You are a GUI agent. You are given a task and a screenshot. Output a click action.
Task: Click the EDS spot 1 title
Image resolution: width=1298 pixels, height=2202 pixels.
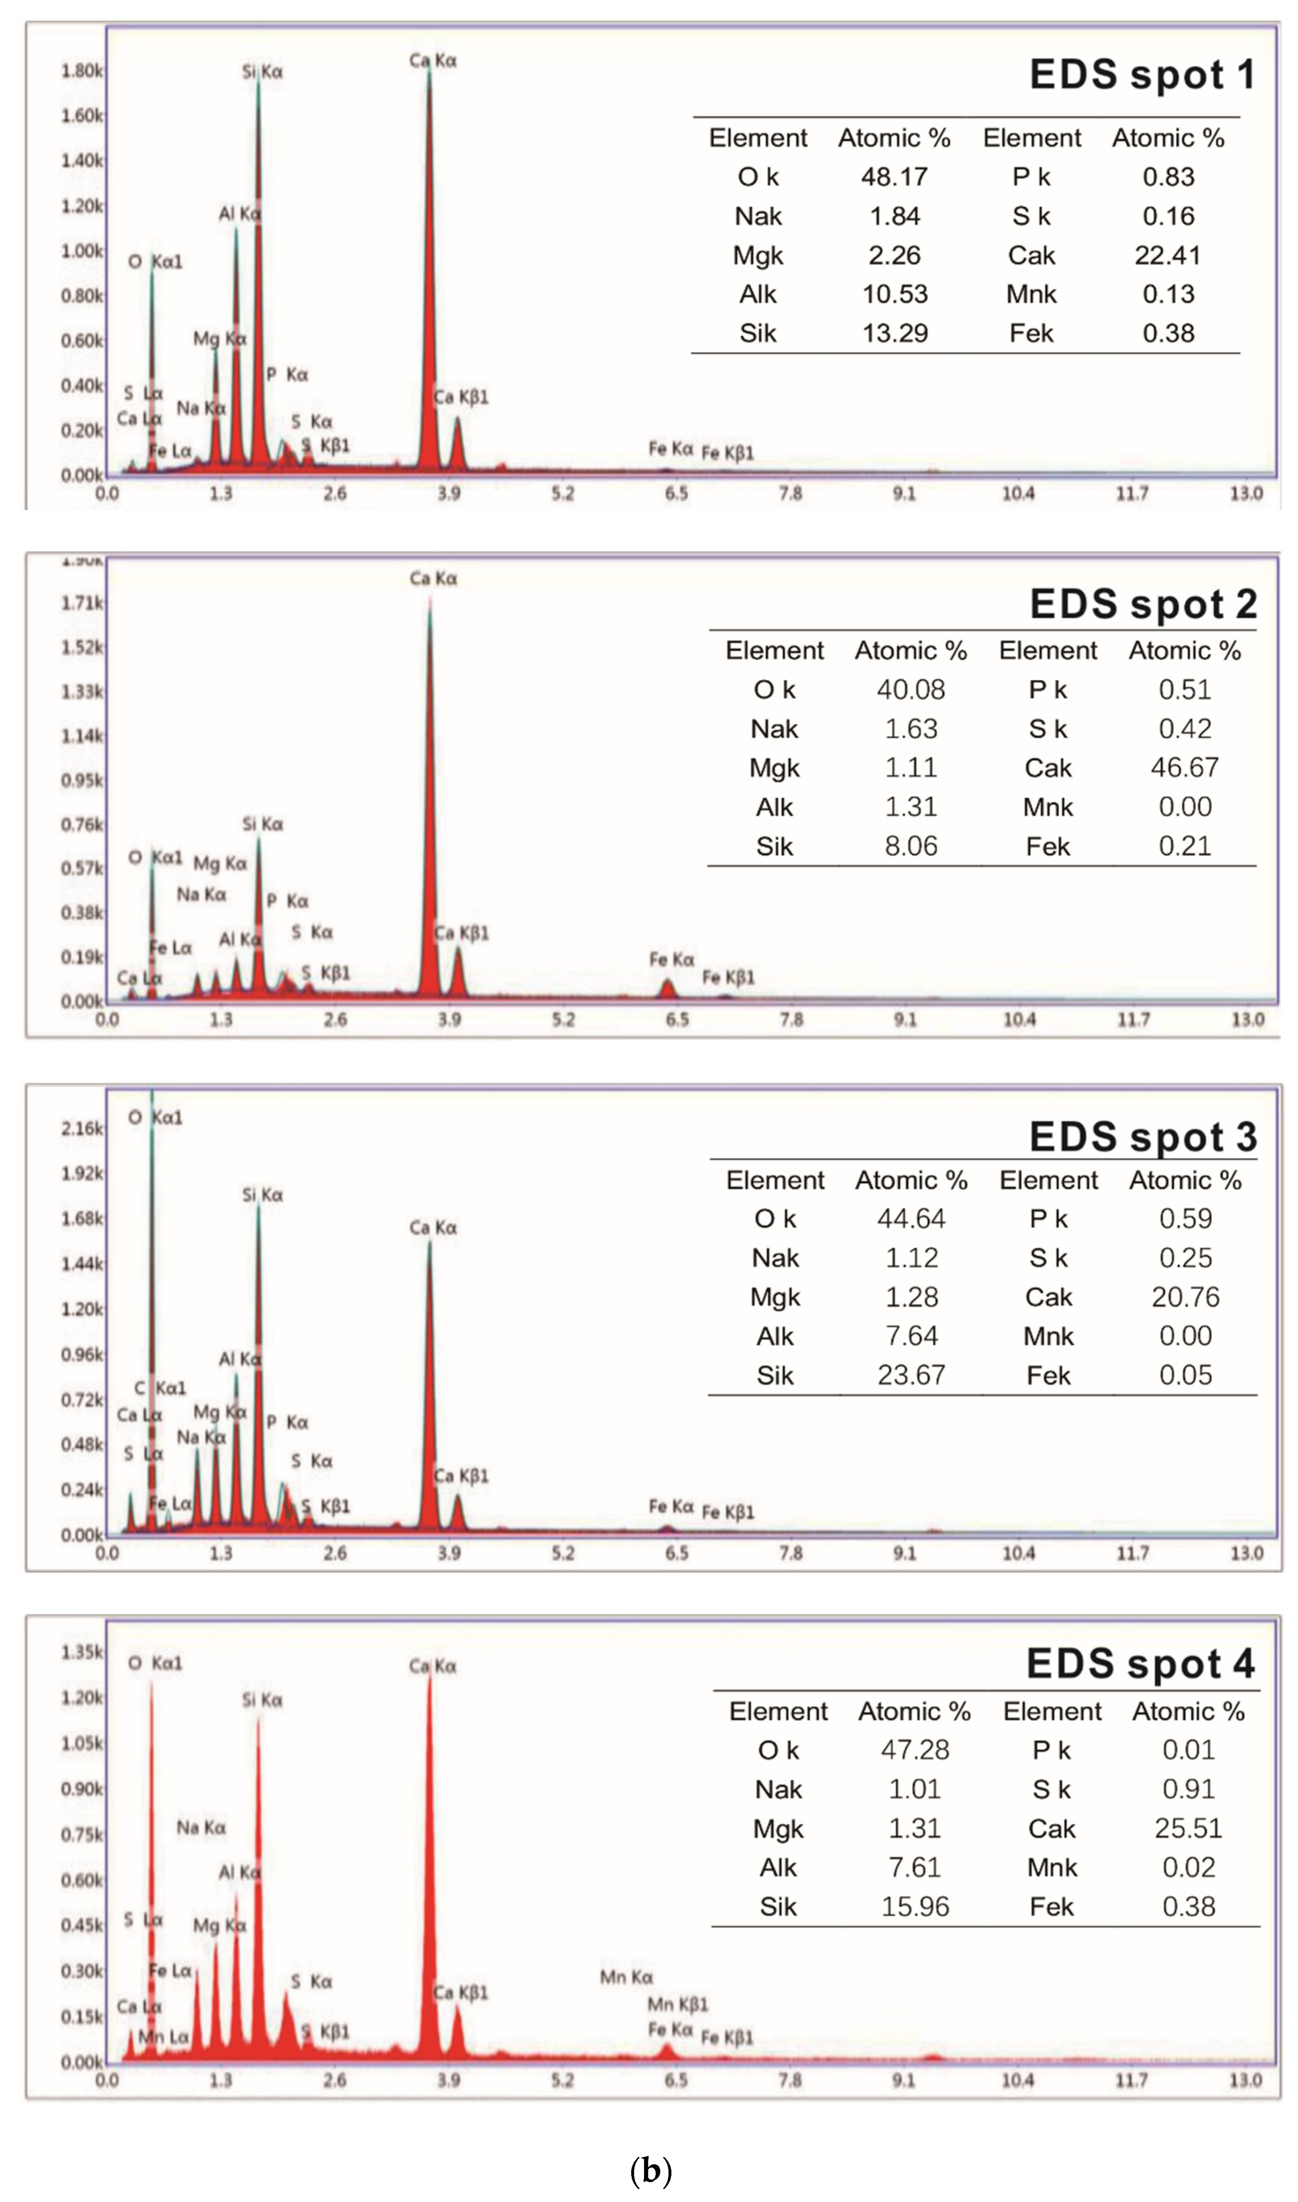[x=1141, y=74]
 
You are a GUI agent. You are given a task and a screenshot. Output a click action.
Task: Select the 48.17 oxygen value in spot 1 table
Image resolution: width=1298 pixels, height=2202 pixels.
[x=894, y=176]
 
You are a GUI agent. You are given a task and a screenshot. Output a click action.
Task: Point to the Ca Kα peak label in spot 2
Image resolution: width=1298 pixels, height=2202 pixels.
[x=433, y=578]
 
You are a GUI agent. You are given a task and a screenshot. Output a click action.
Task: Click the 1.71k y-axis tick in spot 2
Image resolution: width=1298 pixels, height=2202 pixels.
[x=82, y=603]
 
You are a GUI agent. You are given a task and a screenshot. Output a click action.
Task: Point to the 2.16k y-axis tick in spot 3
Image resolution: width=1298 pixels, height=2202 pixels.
[x=82, y=1128]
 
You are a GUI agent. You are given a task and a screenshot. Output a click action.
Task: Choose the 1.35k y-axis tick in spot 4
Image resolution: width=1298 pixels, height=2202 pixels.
[x=82, y=1652]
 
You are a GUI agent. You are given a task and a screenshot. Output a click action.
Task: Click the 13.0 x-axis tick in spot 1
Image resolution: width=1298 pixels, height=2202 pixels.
[x=1245, y=493]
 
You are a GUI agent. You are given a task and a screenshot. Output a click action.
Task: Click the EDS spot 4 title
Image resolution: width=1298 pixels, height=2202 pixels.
[x=1140, y=1663]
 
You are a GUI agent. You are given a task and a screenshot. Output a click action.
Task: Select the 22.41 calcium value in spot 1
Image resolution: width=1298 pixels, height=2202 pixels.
[x=1168, y=255]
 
